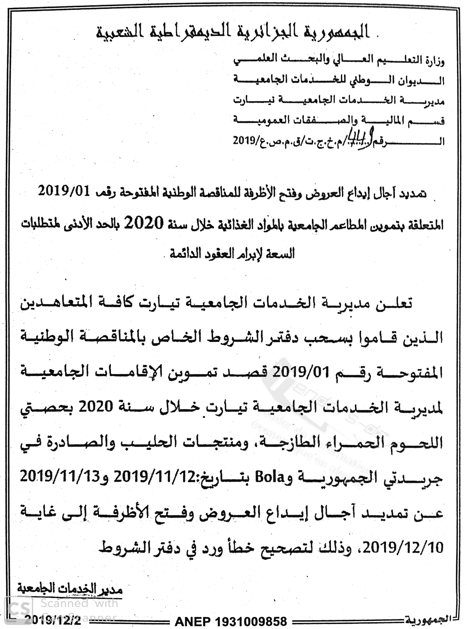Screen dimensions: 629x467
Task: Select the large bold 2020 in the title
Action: pyautogui.click(x=145, y=223)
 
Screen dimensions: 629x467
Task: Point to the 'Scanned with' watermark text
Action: pyautogui.click(x=79, y=603)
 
